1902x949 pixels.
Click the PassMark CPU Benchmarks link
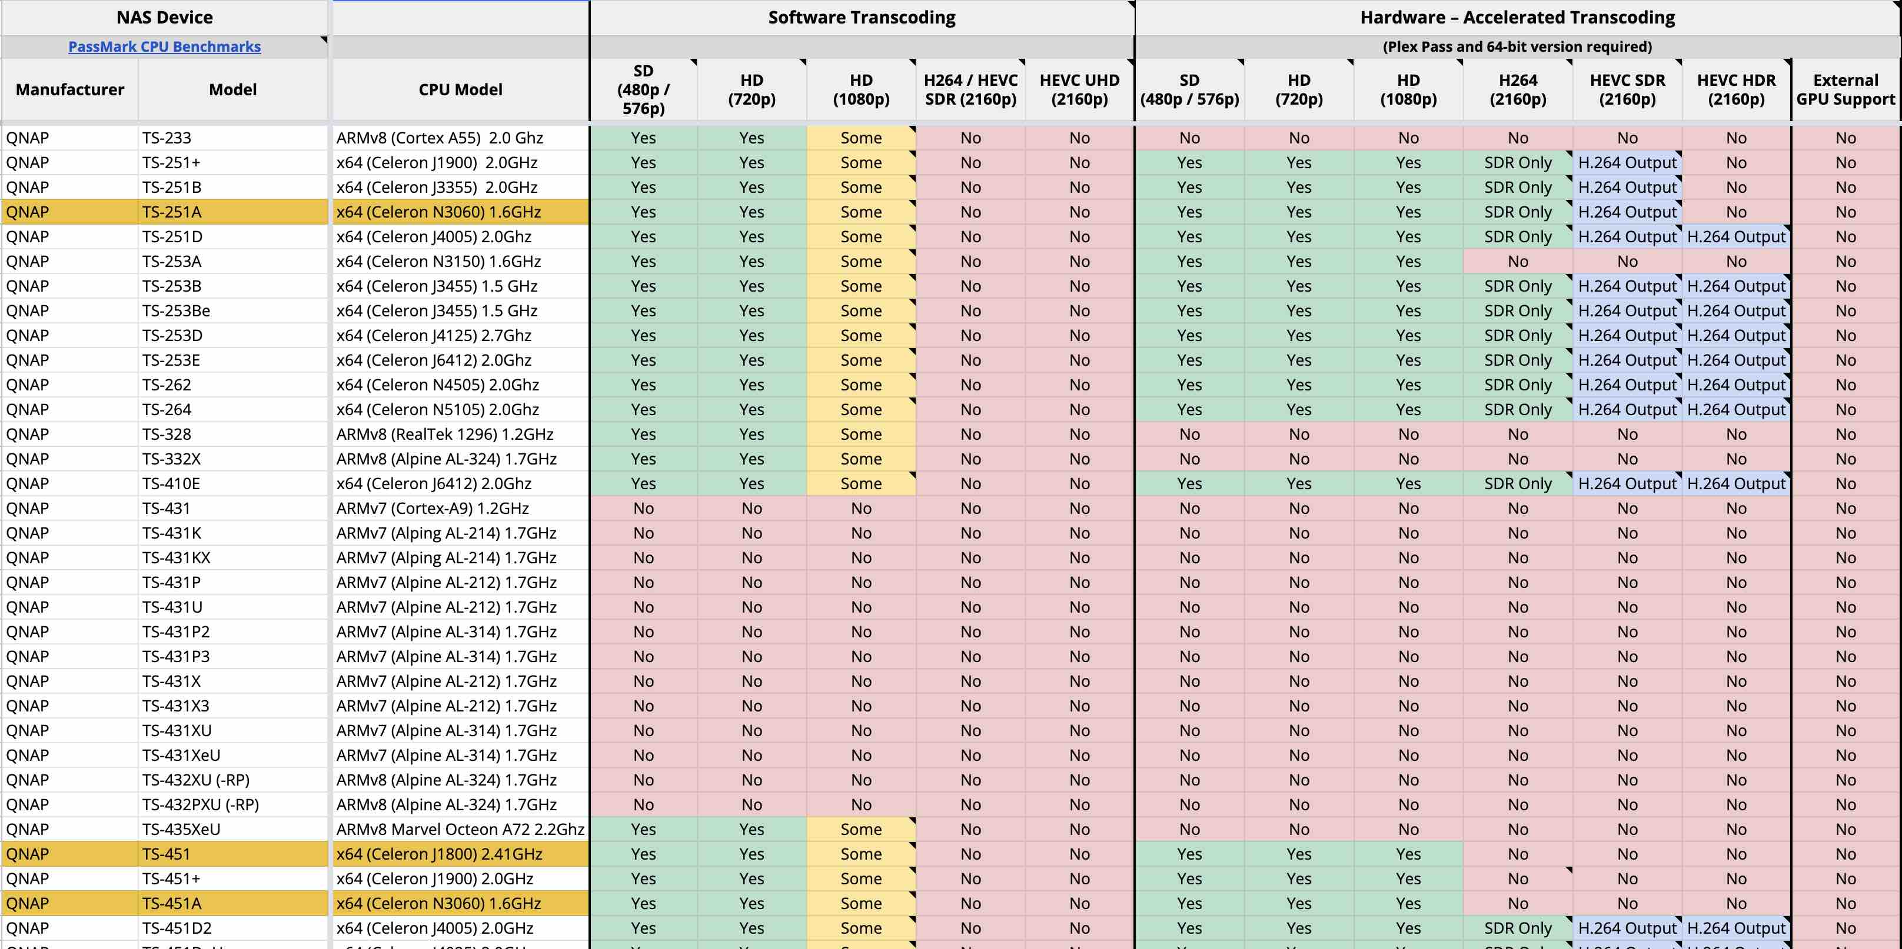[x=165, y=46]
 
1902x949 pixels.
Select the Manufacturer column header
[x=70, y=89]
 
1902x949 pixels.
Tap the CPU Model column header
[x=461, y=89]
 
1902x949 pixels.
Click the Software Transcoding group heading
[x=862, y=17]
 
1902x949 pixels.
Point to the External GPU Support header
[x=1846, y=89]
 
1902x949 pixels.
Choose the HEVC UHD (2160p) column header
[x=1079, y=89]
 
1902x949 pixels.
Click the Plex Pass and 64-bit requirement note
[x=1517, y=46]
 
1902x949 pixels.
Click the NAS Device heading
[x=165, y=17]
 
